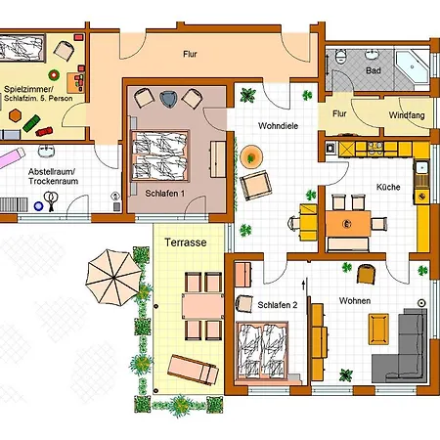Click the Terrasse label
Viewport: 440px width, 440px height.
pyautogui.click(x=186, y=242)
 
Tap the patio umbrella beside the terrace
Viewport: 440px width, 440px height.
pyautogui.click(x=113, y=278)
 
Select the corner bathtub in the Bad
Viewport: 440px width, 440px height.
pyautogui.click(x=412, y=66)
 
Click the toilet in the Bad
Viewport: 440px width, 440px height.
pyautogui.click(x=341, y=57)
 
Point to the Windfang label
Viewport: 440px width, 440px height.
pyautogui.click(x=407, y=115)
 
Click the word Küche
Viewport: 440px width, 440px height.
pyautogui.click(x=388, y=187)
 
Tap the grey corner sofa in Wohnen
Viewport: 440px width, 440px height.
pyautogui.click(x=400, y=345)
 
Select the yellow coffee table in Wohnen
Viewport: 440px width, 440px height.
pyautogui.click(x=378, y=329)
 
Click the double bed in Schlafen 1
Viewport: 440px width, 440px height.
pyautogui.click(x=159, y=155)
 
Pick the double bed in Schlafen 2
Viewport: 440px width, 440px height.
pyautogui.click(x=263, y=351)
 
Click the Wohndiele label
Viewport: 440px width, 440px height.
pyautogui.click(x=278, y=126)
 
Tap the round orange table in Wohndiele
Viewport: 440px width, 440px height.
pyautogui.click(x=251, y=156)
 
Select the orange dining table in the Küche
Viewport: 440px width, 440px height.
pyautogui.click(x=348, y=224)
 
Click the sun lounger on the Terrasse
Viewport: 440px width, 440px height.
pyautogui.click(x=193, y=370)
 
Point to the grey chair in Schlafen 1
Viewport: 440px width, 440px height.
pyautogui.click(x=168, y=99)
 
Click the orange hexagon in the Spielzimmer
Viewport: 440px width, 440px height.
pyautogui.click(x=15, y=115)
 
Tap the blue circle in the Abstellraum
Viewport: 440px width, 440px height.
pyautogui.click(x=38, y=206)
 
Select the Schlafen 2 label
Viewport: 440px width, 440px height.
pyautogui.click(x=278, y=305)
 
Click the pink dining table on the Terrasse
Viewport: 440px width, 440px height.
pyautogui.click(x=202, y=306)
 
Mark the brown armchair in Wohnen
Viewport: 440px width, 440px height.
pyautogui.click(x=366, y=274)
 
